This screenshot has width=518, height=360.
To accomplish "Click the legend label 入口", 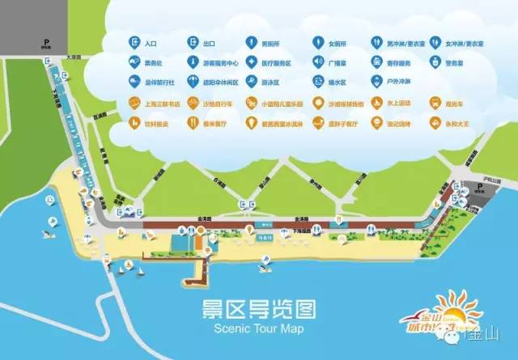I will coord(151,41).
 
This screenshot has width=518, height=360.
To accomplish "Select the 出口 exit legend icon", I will coord(194,40).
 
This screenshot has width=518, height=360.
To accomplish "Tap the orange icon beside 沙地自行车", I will coord(194,103).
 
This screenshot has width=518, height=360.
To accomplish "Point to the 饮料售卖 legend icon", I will coord(134,123).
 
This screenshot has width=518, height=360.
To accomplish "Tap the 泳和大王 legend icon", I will coord(438,123).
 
